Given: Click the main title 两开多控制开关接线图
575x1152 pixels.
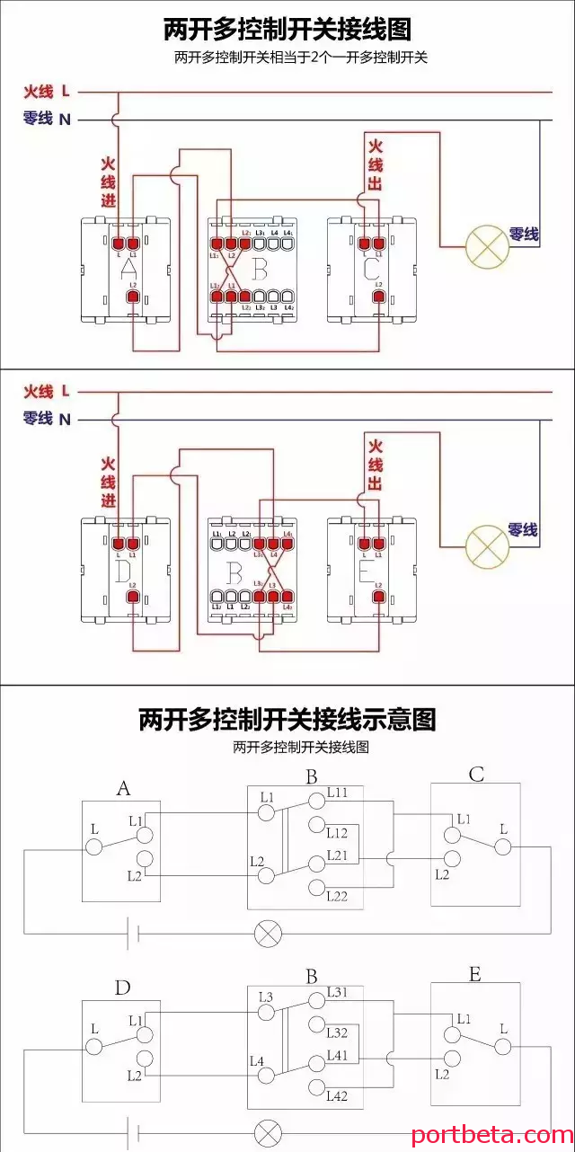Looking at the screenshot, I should (287, 30).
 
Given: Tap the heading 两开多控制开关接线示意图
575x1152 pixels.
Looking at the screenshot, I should (287, 720).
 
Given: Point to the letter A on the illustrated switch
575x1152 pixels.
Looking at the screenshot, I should (128, 269).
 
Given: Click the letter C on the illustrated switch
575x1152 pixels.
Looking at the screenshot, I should (370, 268).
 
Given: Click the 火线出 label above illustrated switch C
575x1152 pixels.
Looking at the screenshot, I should (376, 165).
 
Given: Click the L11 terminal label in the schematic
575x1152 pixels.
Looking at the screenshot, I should (338, 793).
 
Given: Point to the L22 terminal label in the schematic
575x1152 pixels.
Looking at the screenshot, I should (338, 895).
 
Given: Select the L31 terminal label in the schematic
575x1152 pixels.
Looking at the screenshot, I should (338, 991).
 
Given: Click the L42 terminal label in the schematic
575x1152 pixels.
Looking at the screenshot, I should (338, 1095).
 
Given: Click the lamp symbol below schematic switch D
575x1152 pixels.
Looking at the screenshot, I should (268, 1131).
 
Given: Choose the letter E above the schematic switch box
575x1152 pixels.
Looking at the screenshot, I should (474, 974).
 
